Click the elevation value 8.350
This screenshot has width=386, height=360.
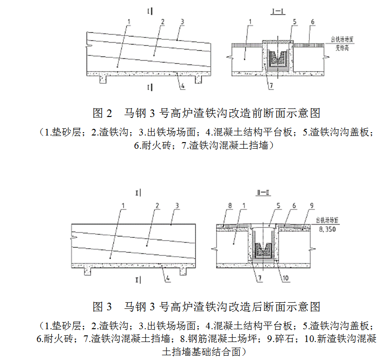coord(328,228)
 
